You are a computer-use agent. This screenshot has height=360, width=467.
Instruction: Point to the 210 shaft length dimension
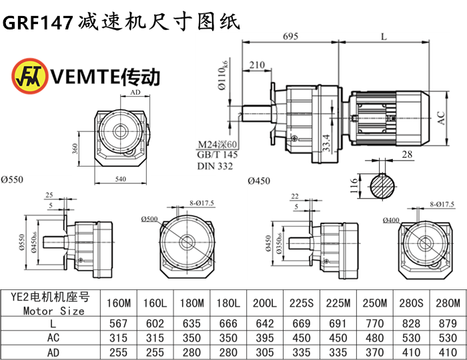click(256, 65)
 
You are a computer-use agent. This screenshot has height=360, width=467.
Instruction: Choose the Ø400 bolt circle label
click(392, 221)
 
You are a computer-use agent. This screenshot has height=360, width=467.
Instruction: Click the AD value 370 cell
click(372, 351)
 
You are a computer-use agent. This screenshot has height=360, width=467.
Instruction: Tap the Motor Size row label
click(53, 310)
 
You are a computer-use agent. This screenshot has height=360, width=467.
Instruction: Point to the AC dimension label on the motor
click(441, 118)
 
